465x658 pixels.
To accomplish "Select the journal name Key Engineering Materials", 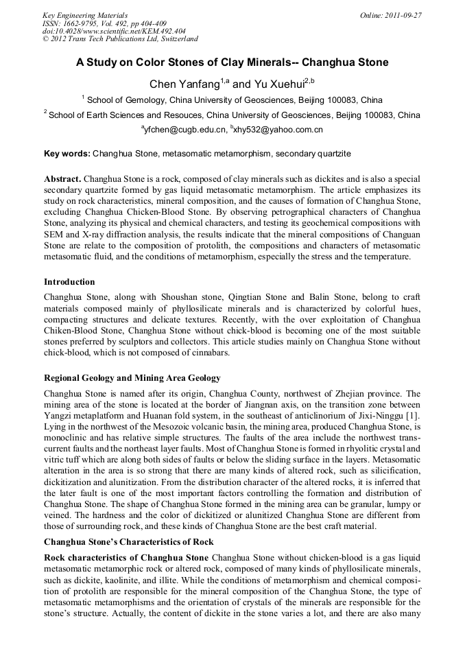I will click(85, 15).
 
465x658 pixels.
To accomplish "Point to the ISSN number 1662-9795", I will click(80, 23).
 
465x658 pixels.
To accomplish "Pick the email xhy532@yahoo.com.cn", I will click(278, 130).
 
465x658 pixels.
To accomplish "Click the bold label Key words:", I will click(67, 154).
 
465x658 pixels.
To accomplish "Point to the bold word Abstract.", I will click(62, 178).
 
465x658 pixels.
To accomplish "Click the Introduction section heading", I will click(69, 282).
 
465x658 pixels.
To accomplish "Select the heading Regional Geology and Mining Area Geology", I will click(132, 378).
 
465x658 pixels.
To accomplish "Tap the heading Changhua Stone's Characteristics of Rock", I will click(129, 542).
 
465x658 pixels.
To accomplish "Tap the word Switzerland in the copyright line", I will click(174, 39).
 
